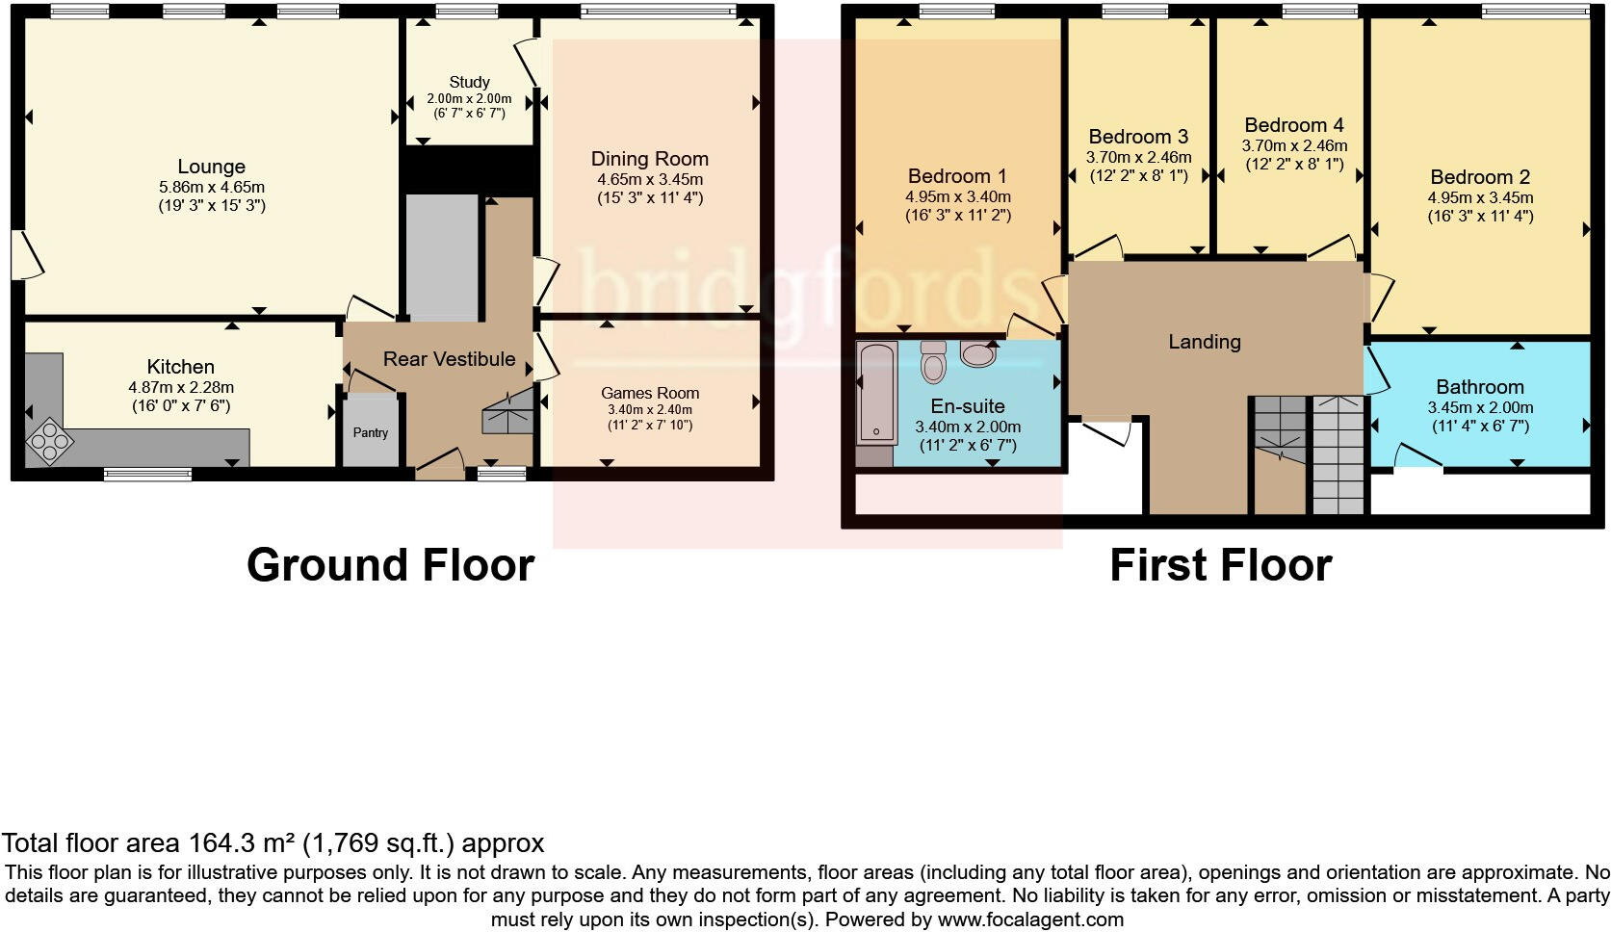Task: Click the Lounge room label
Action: click(212, 167)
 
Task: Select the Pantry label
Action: click(371, 433)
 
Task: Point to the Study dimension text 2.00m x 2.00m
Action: click(469, 99)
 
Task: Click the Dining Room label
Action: click(649, 159)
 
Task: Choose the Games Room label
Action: click(650, 394)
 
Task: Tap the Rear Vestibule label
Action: click(449, 359)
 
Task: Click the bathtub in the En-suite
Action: click(876, 393)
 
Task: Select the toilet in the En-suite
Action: click(933, 362)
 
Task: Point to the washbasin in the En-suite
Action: click(978, 353)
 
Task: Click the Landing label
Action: click(1205, 342)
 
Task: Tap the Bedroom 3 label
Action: click(1138, 137)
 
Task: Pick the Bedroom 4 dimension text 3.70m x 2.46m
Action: click(1294, 146)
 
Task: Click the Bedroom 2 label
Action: click(1480, 177)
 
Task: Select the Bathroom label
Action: click(1480, 387)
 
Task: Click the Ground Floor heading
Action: click(391, 565)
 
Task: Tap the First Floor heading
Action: click(1221, 565)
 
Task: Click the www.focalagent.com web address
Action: click(1030, 919)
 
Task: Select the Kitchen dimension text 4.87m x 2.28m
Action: click(181, 388)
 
